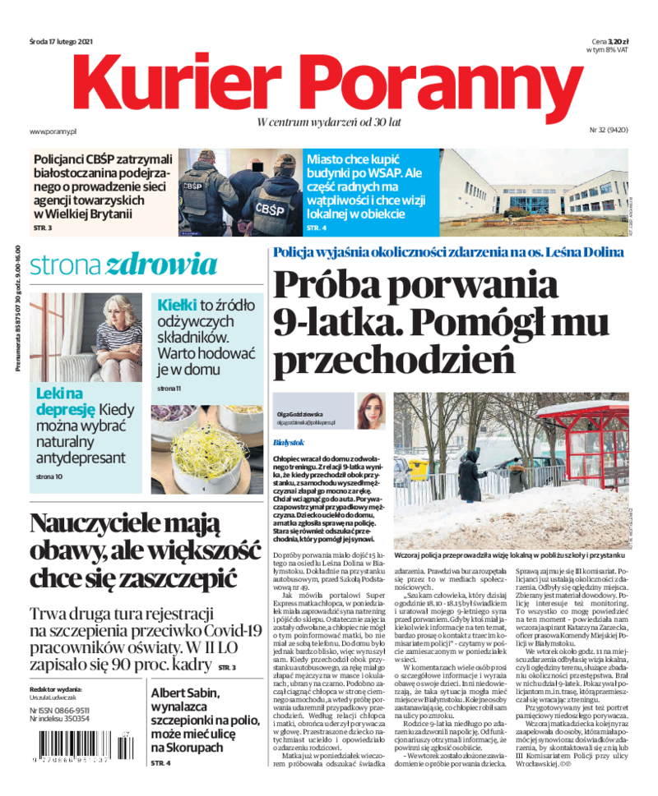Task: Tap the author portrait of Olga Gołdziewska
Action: [371, 411]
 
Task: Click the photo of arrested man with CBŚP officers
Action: [239, 191]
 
